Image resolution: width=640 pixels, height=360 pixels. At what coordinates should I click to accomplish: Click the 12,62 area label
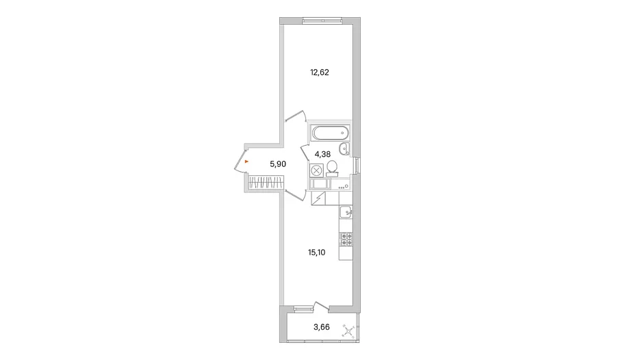point(320,73)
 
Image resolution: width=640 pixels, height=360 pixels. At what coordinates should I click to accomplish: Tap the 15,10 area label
point(317,253)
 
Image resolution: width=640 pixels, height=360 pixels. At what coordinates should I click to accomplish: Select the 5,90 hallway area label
point(278,164)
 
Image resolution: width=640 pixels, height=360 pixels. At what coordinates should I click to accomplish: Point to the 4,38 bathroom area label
point(322,154)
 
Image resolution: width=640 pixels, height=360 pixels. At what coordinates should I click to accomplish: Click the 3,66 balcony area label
point(322,327)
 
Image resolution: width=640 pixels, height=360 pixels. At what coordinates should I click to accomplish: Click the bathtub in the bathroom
point(331,133)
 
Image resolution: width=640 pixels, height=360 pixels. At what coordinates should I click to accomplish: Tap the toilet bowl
point(332,168)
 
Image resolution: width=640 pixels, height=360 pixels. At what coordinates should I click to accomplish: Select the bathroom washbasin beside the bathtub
point(345,149)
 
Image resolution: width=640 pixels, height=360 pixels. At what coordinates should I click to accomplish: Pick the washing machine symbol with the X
point(317,170)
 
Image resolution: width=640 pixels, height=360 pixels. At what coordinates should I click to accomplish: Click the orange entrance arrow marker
point(246,162)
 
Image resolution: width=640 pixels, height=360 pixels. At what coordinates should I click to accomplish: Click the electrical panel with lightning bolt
point(318,198)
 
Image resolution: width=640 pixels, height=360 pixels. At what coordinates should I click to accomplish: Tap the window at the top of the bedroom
point(322,19)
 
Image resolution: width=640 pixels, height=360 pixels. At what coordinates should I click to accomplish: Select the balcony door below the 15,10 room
point(321,307)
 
